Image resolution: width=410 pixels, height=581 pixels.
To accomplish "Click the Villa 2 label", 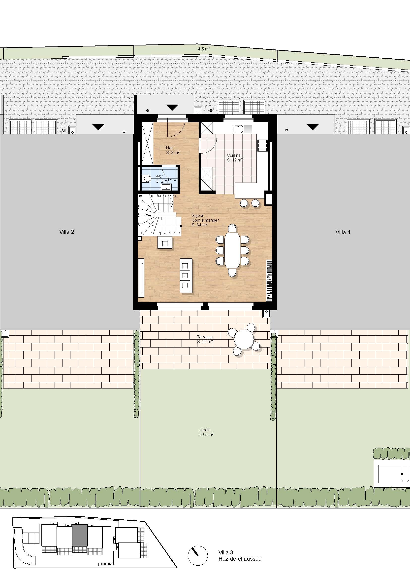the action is (x=67, y=232).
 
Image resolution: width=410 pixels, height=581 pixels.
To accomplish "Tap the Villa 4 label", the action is (x=343, y=232).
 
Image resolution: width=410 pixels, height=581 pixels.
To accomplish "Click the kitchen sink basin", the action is (x=238, y=129).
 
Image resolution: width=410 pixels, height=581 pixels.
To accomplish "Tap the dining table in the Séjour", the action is (x=232, y=250).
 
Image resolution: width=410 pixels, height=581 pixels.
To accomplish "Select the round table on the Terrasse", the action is (x=244, y=339).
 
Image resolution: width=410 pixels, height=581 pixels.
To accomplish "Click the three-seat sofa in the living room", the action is (x=186, y=275).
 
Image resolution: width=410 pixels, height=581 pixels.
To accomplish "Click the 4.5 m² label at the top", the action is (x=204, y=49).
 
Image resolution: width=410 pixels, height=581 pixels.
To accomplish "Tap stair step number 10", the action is (x=140, y=196).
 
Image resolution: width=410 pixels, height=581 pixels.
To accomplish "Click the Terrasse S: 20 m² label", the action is (x=205, y=339).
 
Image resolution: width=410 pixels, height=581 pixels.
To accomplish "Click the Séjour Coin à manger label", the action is (x=205, y=220).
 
